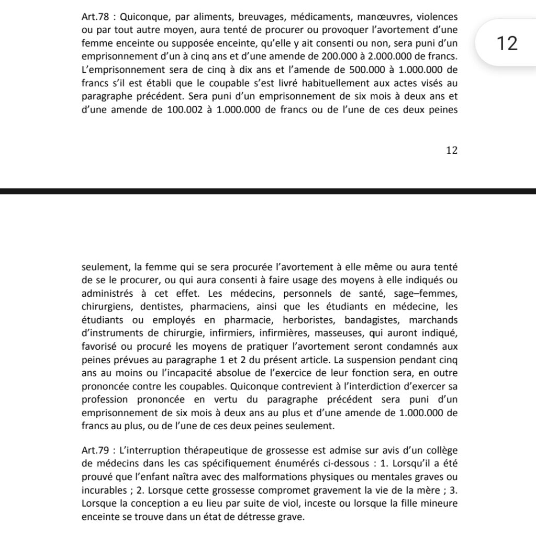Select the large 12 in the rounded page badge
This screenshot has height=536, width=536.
tap(506, 43)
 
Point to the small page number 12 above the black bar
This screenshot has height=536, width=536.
tap(452, 150)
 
